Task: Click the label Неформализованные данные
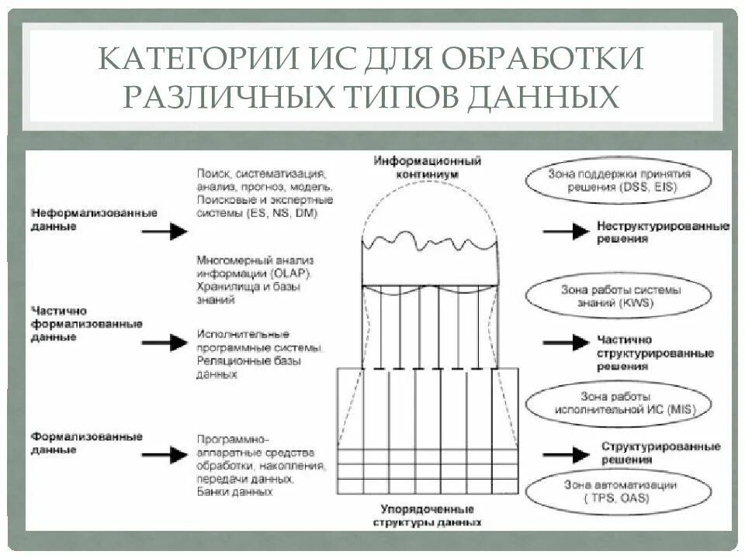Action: pyautogui.click(x=94, y=219)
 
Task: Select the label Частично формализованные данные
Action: pyautogui.click(x=86, y=322)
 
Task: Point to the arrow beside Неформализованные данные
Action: pyautogui.click(x=166, y=231)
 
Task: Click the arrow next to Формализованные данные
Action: pyautogui.click(x=166, y=453)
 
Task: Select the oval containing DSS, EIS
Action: pyautogui.click(x=619, y=181)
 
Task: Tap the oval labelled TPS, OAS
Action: pyautogui.click(x=619, y=491)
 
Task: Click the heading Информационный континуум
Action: pyautogui.click(x=427, y=167)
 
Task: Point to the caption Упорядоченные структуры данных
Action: pyautogui.click(x=427, y=516)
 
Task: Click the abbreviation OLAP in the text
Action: pyautogui.click(x=292, y=273)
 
